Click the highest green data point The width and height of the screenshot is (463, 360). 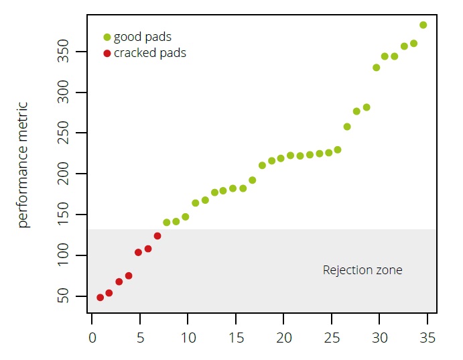[423, 25]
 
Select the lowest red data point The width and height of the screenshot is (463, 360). [100, 297]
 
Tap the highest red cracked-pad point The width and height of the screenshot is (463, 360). [157, 236]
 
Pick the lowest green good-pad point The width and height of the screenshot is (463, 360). [167, 222]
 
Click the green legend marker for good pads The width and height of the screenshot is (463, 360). [107, 37]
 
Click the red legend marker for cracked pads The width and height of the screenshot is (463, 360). [107, 53]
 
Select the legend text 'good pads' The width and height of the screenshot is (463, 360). [143, 37]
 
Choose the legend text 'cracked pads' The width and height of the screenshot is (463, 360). [150, 53]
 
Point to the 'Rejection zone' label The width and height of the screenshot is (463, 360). [362, 270]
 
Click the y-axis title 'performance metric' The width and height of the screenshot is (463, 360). [23, 165]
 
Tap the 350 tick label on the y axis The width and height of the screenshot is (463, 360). [64, 52]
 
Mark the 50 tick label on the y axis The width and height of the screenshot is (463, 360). [64, 296]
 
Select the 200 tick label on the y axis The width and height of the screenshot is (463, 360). [64, 174]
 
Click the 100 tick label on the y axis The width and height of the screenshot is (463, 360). [64, 255]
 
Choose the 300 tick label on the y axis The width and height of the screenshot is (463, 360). [64, 93]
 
